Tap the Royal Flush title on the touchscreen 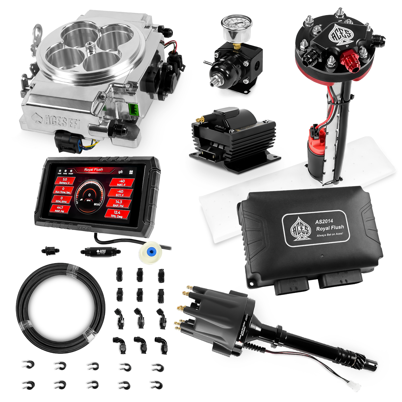tap(93, 170)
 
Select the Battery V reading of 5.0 tap(65, 181)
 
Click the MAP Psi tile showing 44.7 tap(60, 209)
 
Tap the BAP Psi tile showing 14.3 tap(119, 203)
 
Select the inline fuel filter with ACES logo tap(100, 252)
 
